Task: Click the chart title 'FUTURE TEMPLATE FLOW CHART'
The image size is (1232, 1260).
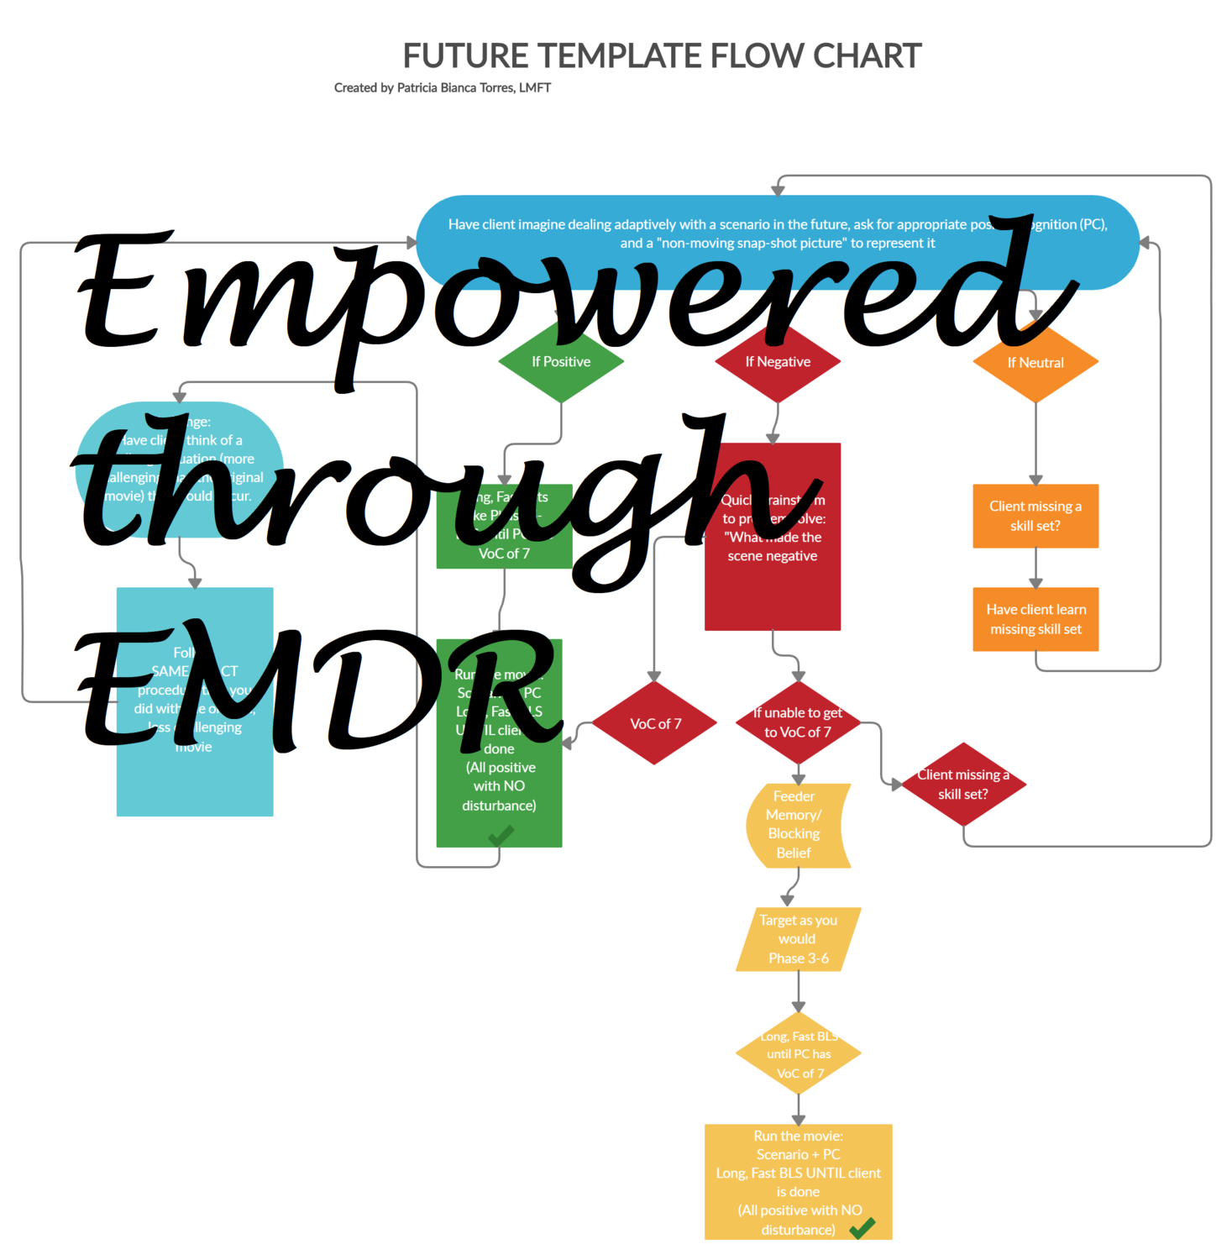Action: click(662, 56)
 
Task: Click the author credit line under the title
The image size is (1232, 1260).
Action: click(442, 87)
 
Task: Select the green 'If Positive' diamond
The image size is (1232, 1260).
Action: click(561, 362)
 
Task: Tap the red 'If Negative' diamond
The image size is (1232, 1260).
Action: click(778, 362)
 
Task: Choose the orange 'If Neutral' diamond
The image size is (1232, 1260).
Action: click(1035, 363)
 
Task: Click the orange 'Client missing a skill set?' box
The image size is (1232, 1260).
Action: click(1035, 516)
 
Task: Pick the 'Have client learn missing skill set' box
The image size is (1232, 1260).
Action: click(1035, 619)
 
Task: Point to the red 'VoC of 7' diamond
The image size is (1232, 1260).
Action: click(655, 723)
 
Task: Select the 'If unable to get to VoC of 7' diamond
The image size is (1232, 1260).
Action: click(798, 722)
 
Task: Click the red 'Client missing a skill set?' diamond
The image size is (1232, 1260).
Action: click(963, 785)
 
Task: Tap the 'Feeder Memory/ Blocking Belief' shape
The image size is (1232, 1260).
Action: click(796, 825)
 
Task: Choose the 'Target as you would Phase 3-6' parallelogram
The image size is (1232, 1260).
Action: click(798, 939)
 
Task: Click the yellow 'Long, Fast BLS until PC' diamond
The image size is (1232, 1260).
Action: click(798, 1054)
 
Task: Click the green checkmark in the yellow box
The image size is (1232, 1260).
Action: click(862, 1227)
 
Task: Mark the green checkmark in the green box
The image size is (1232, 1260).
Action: click(501, 835)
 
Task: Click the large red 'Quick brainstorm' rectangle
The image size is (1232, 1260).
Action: click(773, 588)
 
